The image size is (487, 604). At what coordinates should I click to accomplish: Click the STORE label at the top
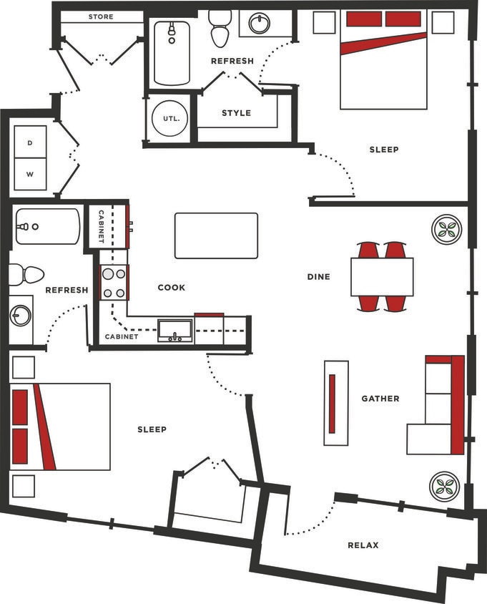click(x=101, y=16)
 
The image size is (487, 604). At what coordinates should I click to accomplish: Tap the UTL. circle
click(x=170, y=118)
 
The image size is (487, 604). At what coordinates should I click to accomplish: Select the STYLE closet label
click(x=236, y=113)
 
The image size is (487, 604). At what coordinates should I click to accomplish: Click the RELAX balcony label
click(x=363, y=545)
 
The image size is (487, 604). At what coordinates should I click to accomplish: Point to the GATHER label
click(x=380, y=399)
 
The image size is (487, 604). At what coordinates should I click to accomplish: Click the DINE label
click(x=319, y=276)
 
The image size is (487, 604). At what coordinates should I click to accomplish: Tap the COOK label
click(x=172, y=288)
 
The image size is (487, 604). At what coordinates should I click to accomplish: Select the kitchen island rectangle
click(x=216, y=235)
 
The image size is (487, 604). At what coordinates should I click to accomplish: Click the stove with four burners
click(x=114, y=282)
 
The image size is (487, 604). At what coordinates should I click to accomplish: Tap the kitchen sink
click(x=175, y=330)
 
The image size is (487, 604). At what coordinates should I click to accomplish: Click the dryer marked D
click(x=30, y=143)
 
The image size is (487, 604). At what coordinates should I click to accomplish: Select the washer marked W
click(x=30, y=174)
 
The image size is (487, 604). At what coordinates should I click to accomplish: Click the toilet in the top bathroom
click(x=219, y=29)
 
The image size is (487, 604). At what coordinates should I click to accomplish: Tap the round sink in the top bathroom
click(x=260, y=24)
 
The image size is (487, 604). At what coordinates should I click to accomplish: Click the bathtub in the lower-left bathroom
click(x=47, y=227)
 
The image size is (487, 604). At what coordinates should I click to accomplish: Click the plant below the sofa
click(x=444, y=487)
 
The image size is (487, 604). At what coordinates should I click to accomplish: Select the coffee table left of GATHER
click(x=336, y=403)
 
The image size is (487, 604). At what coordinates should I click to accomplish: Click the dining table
click(x=382, y=276)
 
